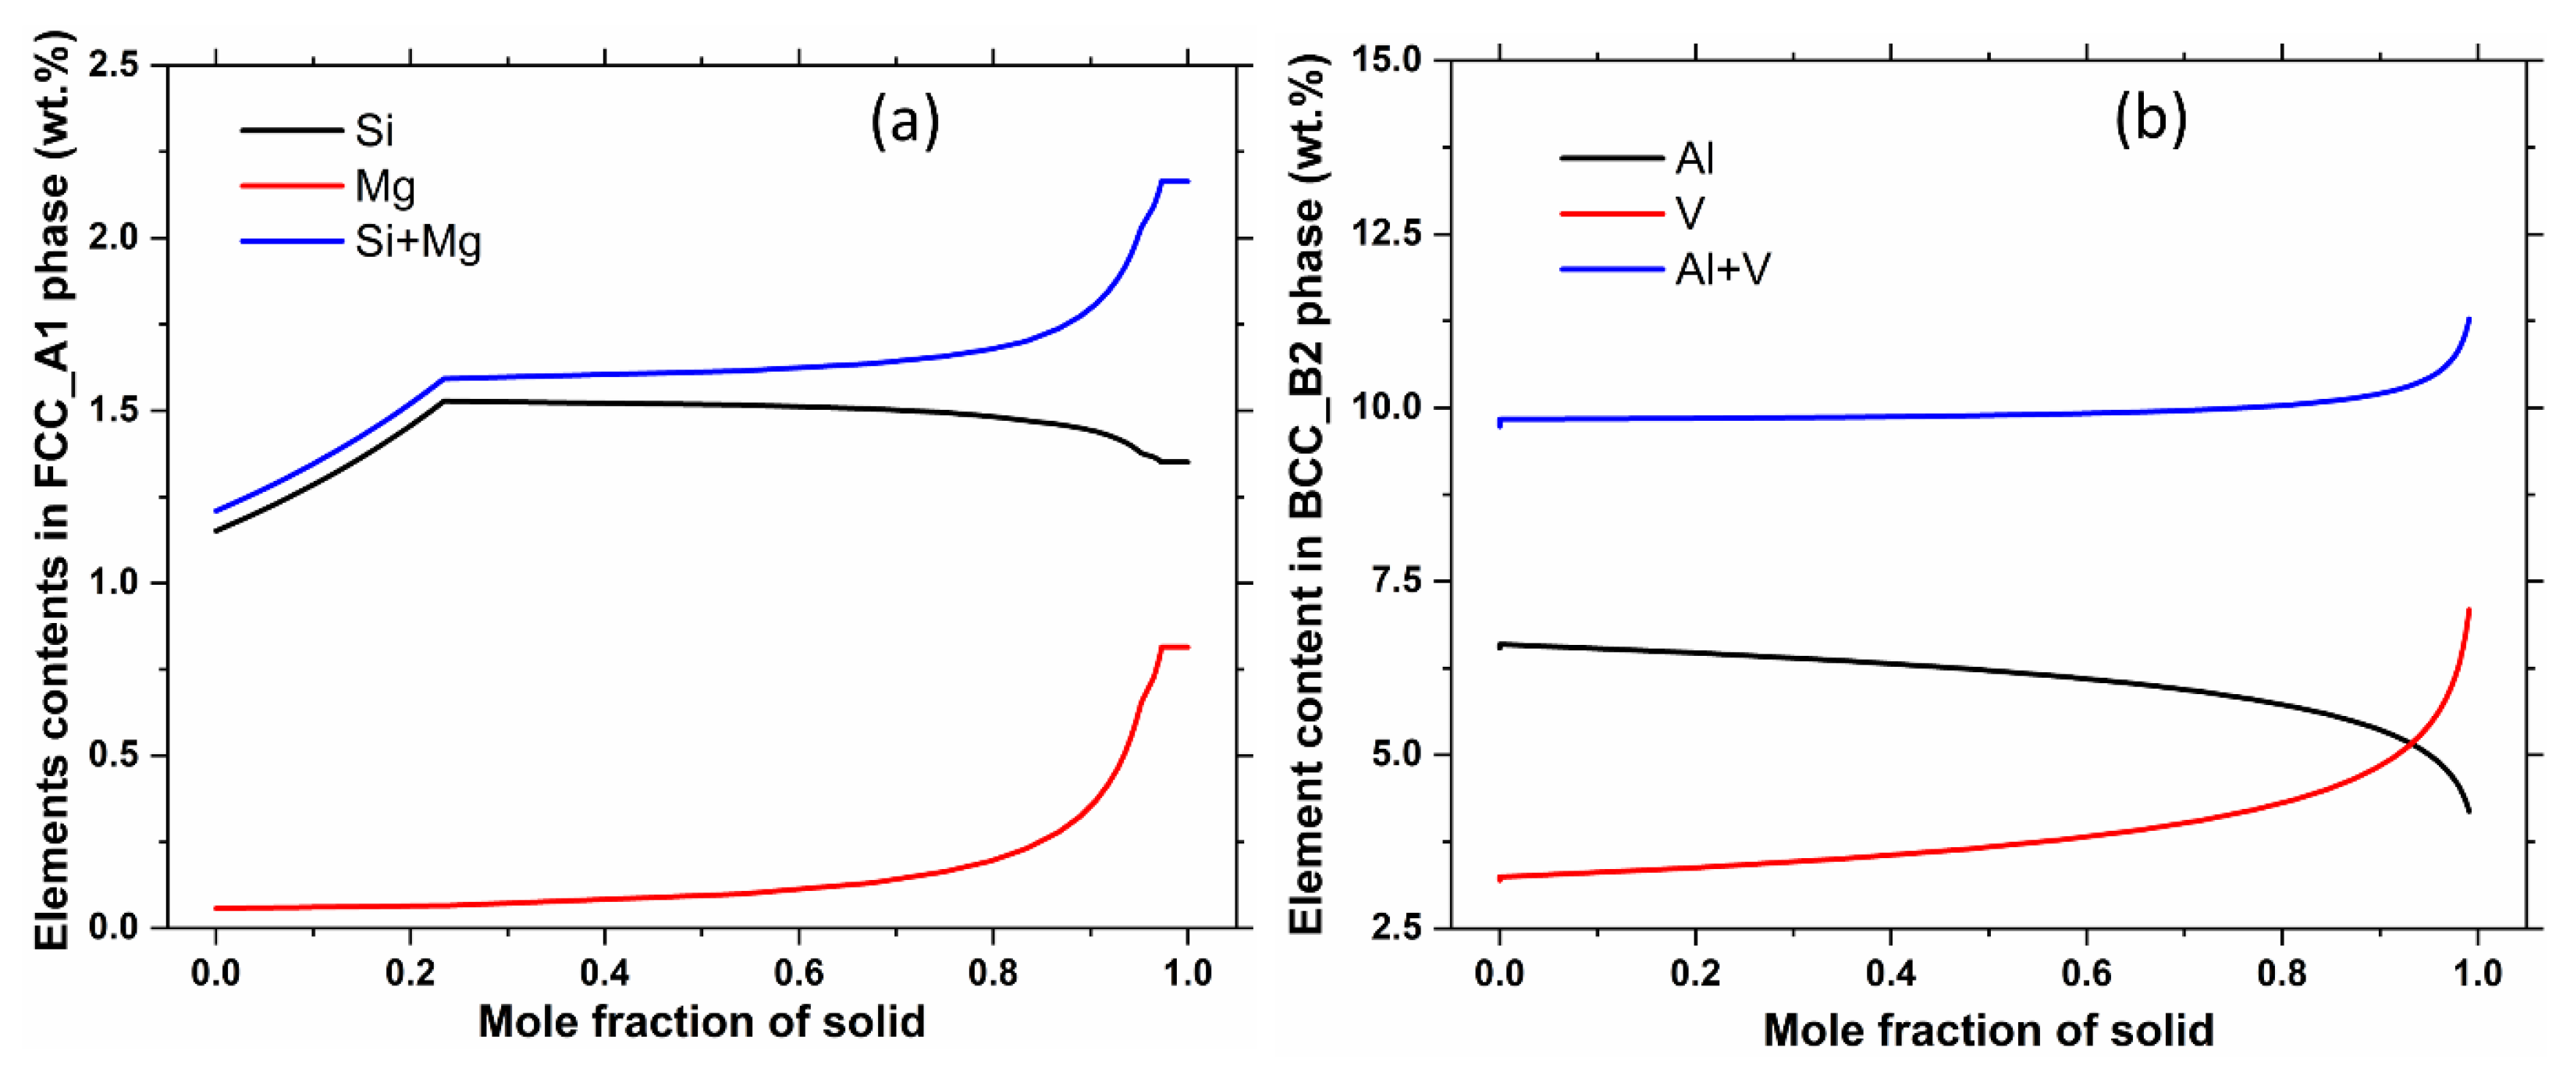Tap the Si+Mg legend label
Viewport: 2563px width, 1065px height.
point(418,242)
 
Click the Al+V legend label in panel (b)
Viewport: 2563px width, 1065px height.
point(1722,269)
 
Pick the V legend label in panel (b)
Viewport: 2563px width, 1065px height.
point(1690,213)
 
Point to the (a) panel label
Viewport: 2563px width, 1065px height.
point(904,123)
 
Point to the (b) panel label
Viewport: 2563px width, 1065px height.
point(2149,119)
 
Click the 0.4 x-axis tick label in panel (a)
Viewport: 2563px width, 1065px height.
point(605,972)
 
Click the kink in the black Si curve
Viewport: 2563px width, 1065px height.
point(444,401)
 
